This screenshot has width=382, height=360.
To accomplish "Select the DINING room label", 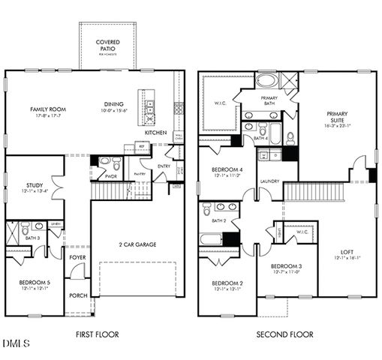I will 115,105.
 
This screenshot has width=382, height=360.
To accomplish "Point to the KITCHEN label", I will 155,132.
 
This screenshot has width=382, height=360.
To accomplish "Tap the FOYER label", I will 77,257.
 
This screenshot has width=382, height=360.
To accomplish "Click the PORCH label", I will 78,295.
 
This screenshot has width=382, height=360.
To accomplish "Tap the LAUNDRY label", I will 269,181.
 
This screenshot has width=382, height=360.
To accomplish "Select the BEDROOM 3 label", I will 286,266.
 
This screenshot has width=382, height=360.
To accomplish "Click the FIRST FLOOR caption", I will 98,334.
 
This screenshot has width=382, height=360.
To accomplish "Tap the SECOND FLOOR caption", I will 284,334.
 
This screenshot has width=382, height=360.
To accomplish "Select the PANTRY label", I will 139,174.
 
